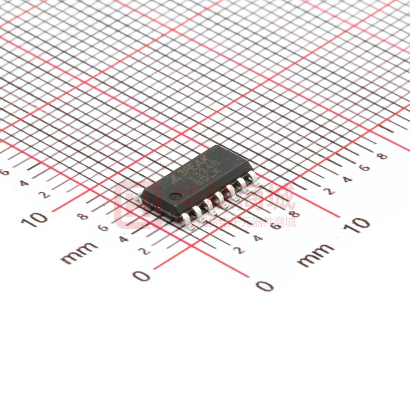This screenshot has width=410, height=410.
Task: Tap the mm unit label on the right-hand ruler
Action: [315, 255]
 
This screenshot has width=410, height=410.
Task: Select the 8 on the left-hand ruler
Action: [83, 216]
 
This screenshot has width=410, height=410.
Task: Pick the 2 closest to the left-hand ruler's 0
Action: [142, 251]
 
